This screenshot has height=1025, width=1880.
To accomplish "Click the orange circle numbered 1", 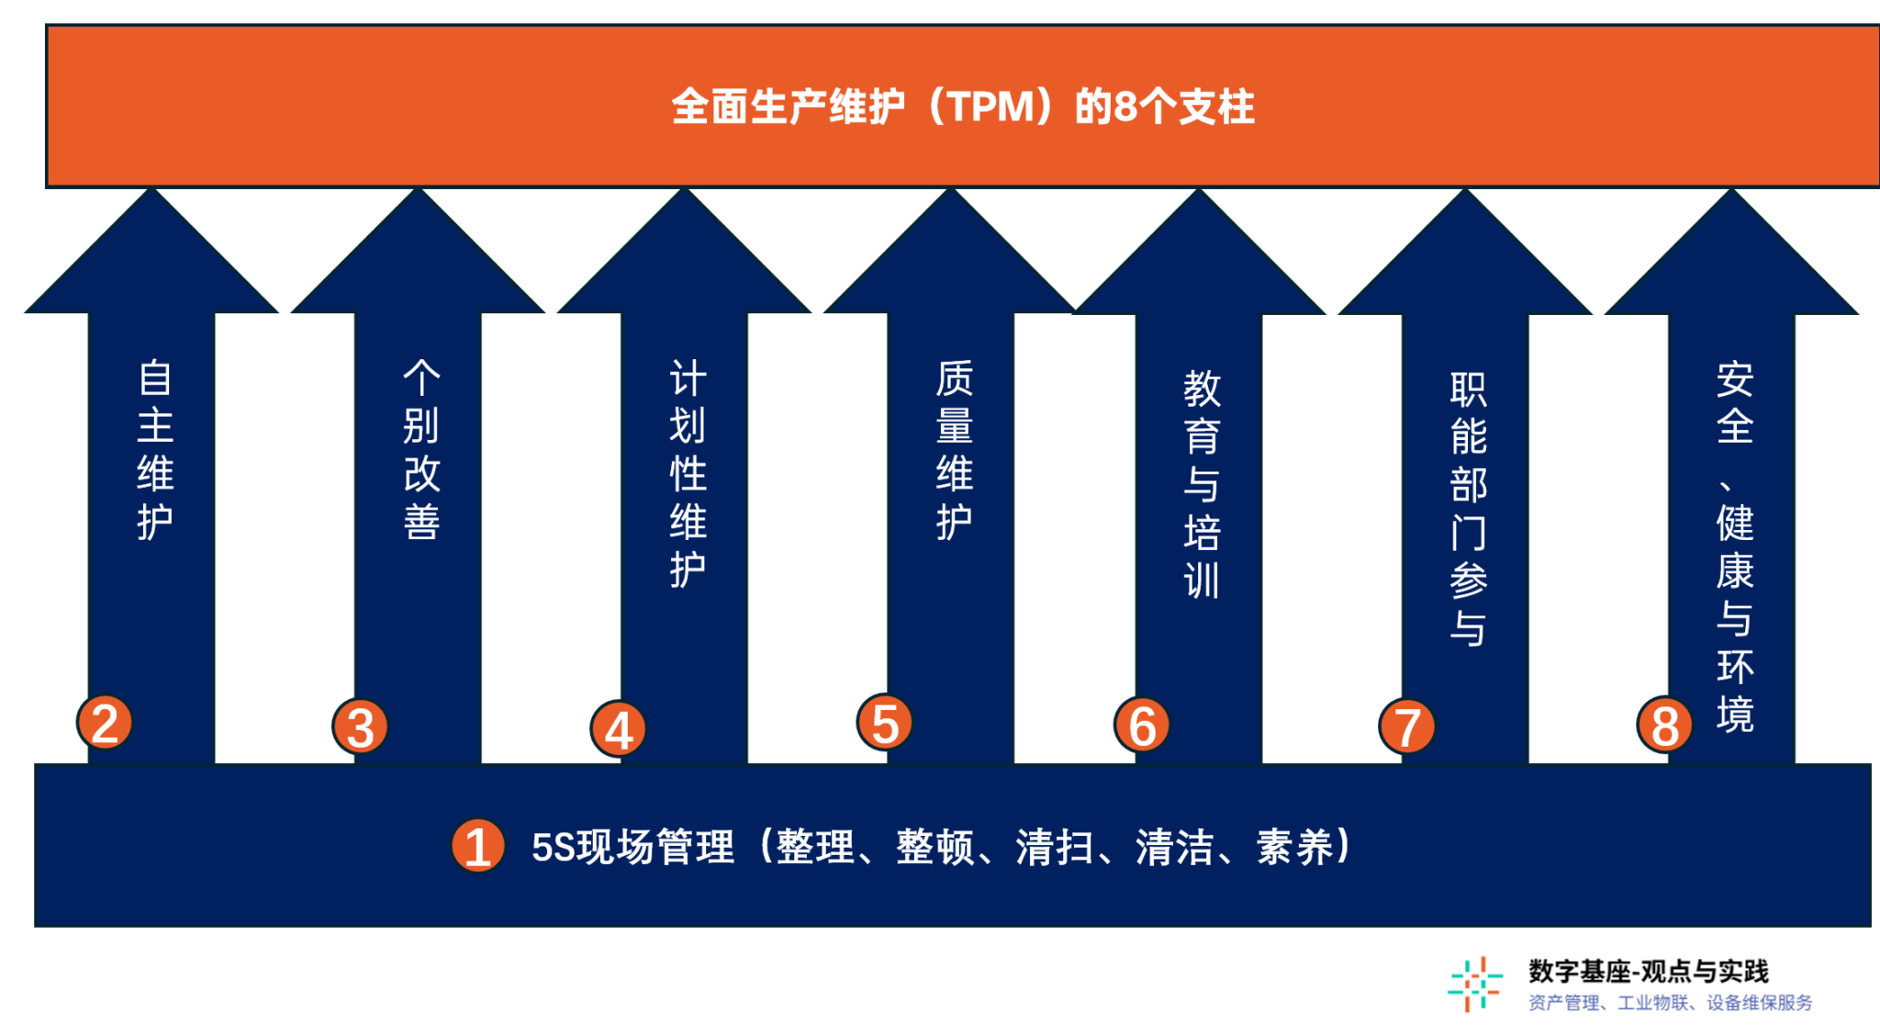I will click(x=477, y=846).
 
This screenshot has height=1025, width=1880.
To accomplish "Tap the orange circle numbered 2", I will click(x=105, y=722).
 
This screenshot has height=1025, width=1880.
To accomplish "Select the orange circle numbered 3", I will click(x=360, y=727).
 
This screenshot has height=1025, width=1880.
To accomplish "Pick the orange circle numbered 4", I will click(x=618, y=729).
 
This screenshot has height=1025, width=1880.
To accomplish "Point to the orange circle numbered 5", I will click(x=884, y=722).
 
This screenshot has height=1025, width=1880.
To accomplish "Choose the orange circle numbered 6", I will click(x=1142, y=725).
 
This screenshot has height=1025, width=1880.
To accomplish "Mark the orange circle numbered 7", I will click(x=1406, y=727).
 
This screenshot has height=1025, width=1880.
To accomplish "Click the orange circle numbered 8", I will click(x=1664, y=725).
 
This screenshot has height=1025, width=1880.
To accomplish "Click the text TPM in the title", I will click(x=990, y=107).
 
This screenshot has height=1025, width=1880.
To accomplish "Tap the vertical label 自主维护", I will click(x=155, y=450).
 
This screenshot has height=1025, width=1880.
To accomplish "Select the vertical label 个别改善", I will click(x=421, y=450).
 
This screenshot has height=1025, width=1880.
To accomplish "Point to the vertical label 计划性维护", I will click(x=688, y=473).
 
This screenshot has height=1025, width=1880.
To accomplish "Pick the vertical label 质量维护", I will click(x=954, y=450).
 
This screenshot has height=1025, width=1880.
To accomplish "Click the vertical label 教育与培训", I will click(x=1202, y=484).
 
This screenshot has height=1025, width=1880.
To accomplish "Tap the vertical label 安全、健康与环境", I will click(x=1734, y=546).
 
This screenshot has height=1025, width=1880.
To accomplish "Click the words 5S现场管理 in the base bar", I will click(x=632, y=847).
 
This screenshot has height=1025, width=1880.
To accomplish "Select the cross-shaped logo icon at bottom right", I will click(x=1474, y=985).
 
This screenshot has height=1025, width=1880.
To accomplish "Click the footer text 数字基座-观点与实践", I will click(x=1648, y=971).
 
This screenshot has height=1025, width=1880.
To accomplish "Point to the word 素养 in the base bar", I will click(x=1294, y=847).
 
